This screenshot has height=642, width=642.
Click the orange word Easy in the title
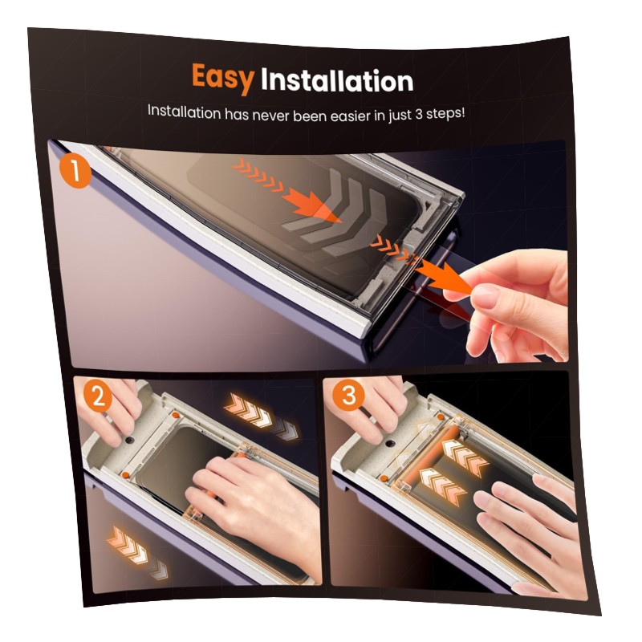pos(223,78)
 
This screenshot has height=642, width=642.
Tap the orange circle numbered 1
pos(75,172)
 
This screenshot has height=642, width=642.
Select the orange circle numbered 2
pos(99,396)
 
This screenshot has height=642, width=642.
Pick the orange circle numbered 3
pos(348,395)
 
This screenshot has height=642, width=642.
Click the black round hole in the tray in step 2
pos(131,440)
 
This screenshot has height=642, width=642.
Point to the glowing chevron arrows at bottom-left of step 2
pos(136,553)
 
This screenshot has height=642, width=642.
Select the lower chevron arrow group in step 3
pos(442,483)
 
